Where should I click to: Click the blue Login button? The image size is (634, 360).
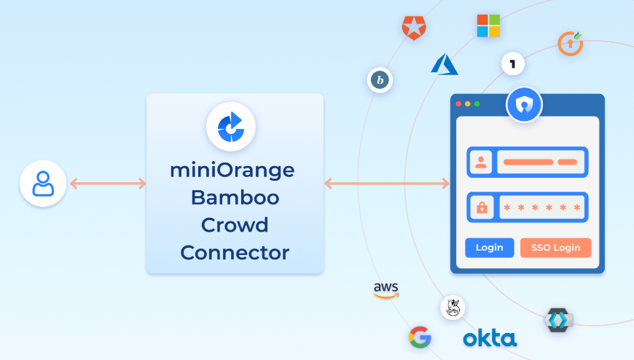pos(489,248)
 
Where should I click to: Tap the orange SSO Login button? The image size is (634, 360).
pos(555,248)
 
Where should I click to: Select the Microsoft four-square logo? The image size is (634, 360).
pos(488,26)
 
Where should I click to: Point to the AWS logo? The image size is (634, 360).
pos(386,290)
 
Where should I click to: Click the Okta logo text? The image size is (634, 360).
pos(490,338)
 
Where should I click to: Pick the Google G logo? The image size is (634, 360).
pos(420,337)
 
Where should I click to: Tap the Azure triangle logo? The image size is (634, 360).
pos(445,64)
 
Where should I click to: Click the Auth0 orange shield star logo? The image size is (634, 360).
pos(414,27)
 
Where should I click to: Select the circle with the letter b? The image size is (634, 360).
pos(379,80)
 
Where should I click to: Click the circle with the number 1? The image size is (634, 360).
pos(513,64)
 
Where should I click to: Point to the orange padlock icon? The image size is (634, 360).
pos(481,208)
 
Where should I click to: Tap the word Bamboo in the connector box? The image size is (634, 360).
pos(235,197)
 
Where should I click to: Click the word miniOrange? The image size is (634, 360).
pos(235,171)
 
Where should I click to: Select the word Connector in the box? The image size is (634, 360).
pos(235,253)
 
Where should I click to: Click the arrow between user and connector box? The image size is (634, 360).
pos(108,184)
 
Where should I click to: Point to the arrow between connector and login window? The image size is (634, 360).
pos(386,184)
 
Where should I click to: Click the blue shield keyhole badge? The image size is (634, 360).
pos(524,106)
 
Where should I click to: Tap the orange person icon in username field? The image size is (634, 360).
pos(481,163)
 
